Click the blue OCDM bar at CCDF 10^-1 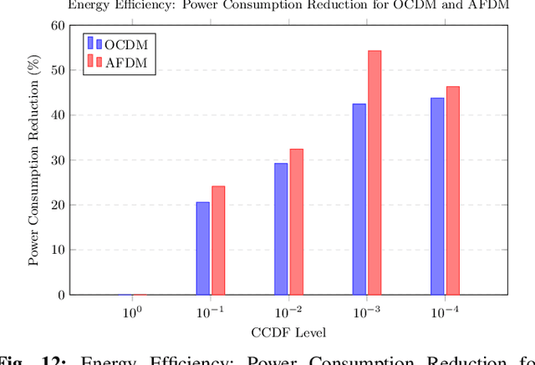point(203,248)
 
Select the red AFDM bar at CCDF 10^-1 point(218,241)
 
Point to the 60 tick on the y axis point(58,25)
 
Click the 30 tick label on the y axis point(58,160)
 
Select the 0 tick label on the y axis point(61,295)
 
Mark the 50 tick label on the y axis point(58,70)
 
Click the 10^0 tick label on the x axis point(132,312)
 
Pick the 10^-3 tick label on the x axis point(366,312)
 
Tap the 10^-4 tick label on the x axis point(444,312)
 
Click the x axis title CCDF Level point(288,332)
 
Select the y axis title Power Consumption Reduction point(34,160)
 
